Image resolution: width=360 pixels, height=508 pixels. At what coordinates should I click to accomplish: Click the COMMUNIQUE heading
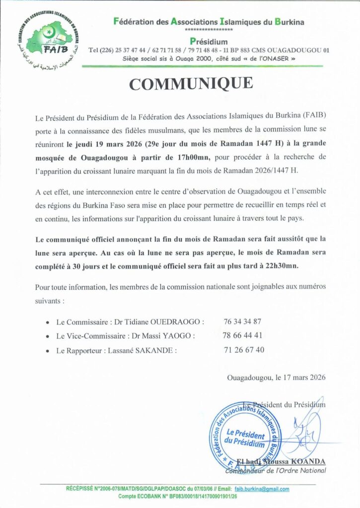[191, 84]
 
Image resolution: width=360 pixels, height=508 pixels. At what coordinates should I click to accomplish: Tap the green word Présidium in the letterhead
[209, 41]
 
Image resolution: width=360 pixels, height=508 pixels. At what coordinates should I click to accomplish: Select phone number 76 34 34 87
[243, 321]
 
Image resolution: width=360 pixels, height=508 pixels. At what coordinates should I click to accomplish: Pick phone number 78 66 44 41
[243, 335]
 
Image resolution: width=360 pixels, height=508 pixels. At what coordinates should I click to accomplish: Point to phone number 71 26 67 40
[244, 350]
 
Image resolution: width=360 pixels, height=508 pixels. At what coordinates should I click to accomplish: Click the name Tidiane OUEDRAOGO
[171, 321]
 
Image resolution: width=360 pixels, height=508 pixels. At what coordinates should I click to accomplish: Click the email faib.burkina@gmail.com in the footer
[262, 489]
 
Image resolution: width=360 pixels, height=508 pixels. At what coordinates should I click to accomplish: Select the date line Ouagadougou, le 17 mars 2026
[276, 377]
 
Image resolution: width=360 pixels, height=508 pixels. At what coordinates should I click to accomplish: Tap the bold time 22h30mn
[281, 266]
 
